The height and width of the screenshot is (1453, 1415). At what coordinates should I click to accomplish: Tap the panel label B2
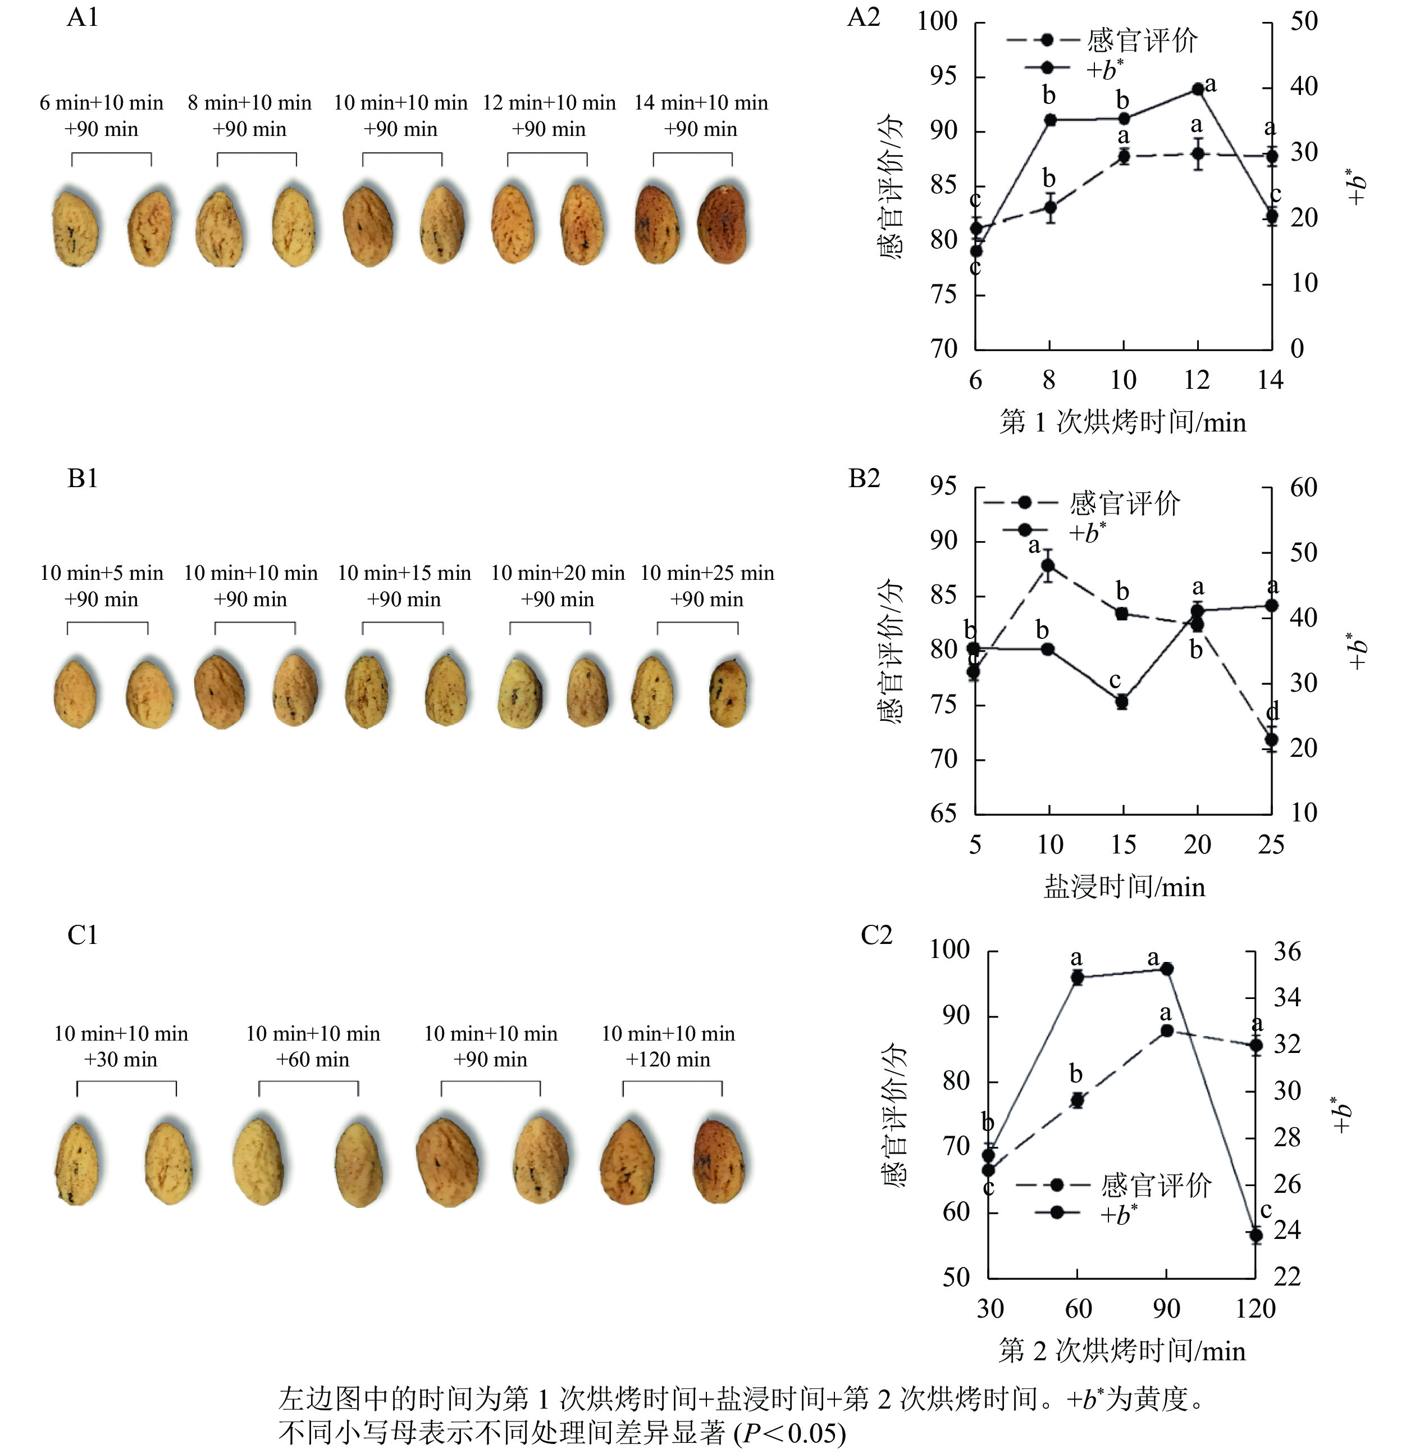point(864,479)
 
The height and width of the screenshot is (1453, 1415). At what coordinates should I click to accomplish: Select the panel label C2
point(876,936)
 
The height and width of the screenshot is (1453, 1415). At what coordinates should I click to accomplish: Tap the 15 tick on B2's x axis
point(1123,844)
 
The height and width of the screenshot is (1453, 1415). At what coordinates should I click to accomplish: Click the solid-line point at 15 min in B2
point(1122,701)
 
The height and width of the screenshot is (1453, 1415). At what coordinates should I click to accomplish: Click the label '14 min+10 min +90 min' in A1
point(700,116)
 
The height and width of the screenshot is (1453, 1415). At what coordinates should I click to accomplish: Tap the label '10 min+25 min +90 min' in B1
point(707,586)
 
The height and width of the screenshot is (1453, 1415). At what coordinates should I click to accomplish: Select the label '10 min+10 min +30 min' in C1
point(121,1046)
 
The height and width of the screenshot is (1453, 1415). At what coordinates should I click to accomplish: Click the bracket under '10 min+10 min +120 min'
point(672,1087)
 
